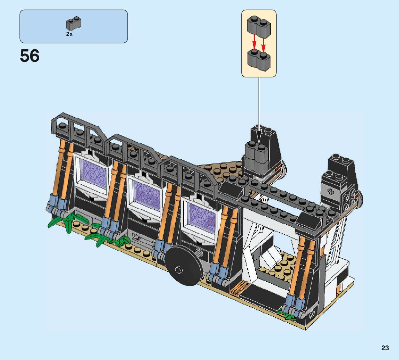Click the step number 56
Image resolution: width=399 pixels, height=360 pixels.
pyautogui.click(x=30, y=56)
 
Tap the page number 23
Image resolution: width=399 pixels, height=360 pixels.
pyautogui.click(x=385, y=348)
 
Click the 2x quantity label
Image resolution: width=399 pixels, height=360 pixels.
pyautogui.click(x=69, y=34)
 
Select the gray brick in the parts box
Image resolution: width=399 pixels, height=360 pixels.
pyautogui.click(x=74, y=23)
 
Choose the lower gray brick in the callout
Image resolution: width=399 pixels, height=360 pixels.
pyautogui.click(x=259, y=60)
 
